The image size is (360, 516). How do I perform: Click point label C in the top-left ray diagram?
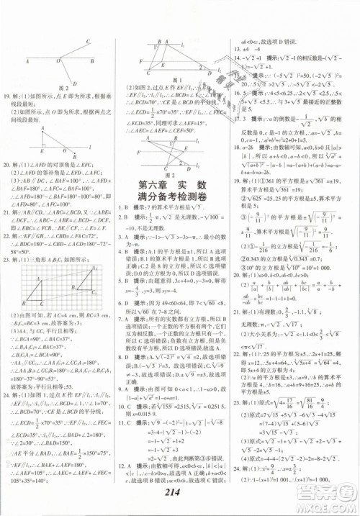[x=88, y=42]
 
